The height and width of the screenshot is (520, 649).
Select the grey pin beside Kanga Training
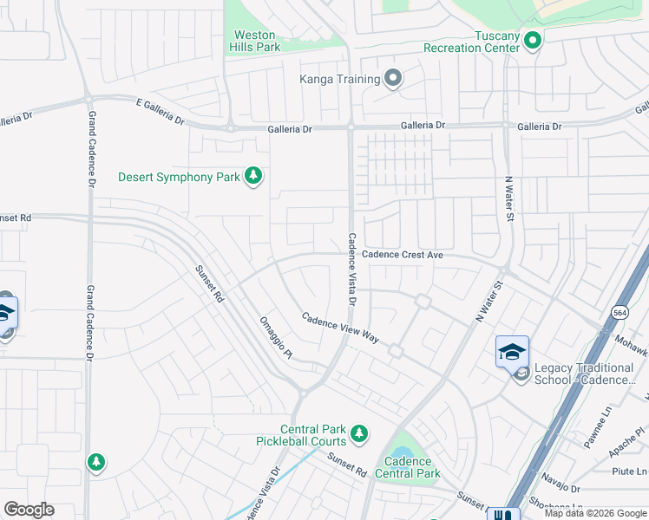[393, 79]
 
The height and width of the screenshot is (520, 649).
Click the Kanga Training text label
[339, 80]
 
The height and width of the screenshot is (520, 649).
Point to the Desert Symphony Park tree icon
[253, 177]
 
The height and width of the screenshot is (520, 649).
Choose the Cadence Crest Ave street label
[402, 255]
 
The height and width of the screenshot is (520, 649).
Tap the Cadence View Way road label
[341, 328]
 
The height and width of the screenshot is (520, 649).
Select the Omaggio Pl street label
[276, 337]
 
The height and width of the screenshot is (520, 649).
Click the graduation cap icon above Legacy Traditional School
[512, 351]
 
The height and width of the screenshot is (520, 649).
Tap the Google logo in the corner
[29, 510]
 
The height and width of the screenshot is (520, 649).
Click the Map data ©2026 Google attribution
[594, 513]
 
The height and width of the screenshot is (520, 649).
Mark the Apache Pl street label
[624, 442]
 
